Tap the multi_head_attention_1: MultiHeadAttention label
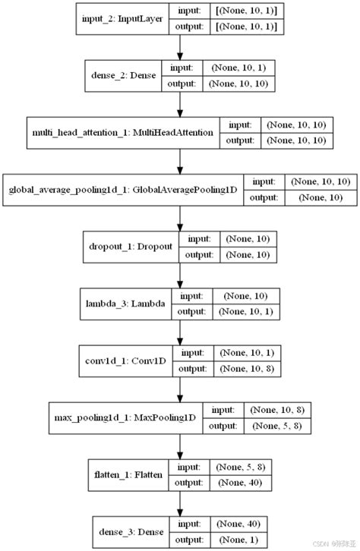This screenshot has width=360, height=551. tap(123, 132)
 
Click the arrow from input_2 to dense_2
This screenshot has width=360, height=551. tap(180, 48)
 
